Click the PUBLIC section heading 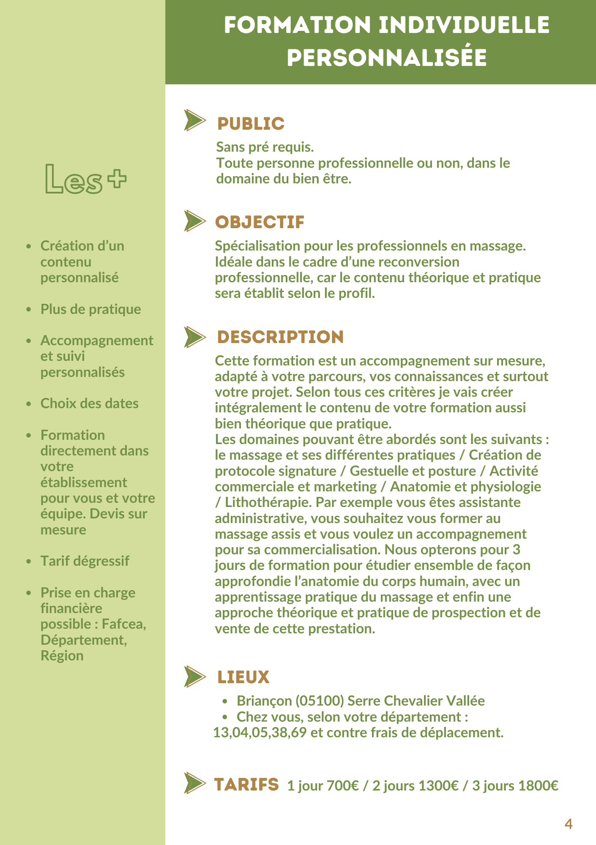(251, 124)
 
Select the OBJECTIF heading (260, 222)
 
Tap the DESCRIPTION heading (280, 337)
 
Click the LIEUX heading (243, 677)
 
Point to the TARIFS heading (246, 785)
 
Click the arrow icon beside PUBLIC (194, 120)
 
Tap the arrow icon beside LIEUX (194, 676)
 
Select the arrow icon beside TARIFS (194, 783)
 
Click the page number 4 (569, 824)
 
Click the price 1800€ (538, 786)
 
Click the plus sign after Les (117, 178)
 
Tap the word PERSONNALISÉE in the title (387, 58)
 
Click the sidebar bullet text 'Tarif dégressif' (85, 561)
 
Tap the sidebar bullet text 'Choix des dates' (89, 403)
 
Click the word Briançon (264, 701)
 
